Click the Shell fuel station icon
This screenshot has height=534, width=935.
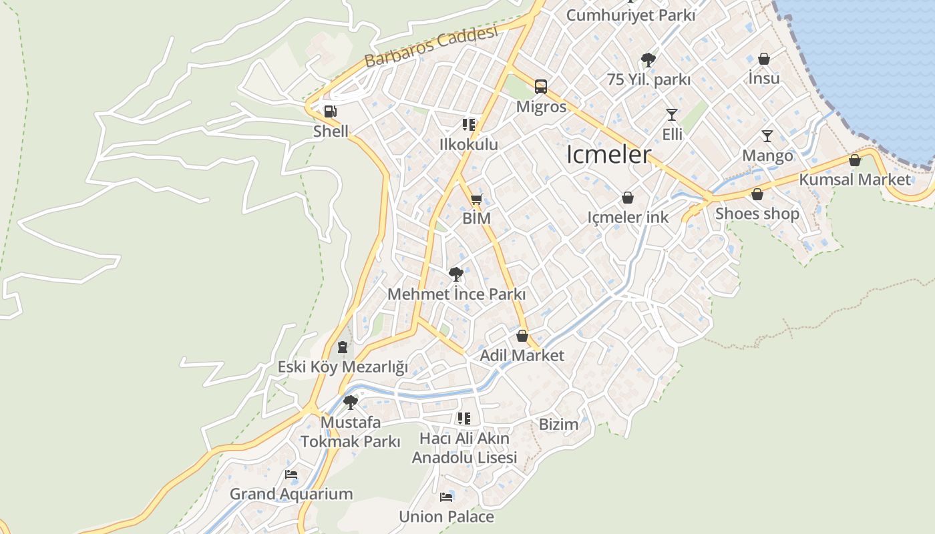pos(329,111)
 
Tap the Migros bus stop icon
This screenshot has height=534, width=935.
pos(540,87)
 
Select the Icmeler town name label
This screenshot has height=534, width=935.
pos(608,155)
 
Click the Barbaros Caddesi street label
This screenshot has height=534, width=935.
pos(431,47)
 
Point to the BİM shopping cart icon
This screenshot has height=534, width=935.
pos(476,199)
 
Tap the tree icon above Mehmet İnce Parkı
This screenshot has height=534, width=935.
pos(456,274)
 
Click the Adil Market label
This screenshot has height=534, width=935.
pos(522,356)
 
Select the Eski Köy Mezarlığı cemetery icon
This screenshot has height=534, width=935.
pos(343,347)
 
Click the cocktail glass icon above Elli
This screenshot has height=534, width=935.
pos(672,115)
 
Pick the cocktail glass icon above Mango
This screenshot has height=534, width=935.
pos(767,136)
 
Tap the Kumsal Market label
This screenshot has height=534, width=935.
pos(854,180)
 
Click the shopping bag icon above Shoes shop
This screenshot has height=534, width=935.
pos(757,194)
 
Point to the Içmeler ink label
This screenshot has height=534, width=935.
pos(628,217)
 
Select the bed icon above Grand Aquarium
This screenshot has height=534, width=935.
pos(291,475)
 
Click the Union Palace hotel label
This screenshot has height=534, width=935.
pos(446,517)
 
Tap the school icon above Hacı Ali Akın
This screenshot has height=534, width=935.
pos(464,419)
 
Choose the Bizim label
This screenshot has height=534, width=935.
pos(558,424)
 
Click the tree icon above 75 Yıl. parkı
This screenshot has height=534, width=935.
pos(648,60)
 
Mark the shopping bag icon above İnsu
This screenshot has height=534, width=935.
pos(763,59)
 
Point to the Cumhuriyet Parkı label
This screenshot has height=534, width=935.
pos(630,15)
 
